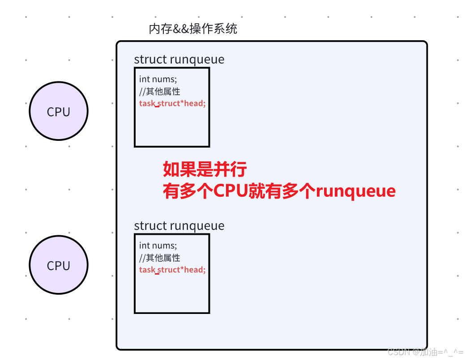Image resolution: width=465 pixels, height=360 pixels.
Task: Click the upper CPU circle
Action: click(x=59, y=111)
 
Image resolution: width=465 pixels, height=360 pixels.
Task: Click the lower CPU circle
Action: click(x=59, y=265)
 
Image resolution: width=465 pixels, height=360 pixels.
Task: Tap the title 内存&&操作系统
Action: click(x=192, y=30)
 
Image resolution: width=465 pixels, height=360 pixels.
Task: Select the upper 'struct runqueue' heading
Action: click(x=179, y=59)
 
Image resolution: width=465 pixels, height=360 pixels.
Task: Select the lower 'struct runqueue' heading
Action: click(x=179, y=226)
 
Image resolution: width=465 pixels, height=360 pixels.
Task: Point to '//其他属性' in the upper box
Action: click(x=160, y=92)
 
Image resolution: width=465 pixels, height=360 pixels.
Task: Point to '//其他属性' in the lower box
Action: click(x=160, y=258)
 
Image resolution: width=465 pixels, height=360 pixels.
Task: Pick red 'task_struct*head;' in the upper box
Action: click(x=172, y=104)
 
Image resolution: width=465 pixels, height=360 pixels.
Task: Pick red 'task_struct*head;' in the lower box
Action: click(x=172, y=270)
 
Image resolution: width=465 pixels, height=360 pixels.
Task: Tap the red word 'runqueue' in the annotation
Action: click(x=356, y=191)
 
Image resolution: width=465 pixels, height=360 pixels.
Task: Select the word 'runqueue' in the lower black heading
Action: click(x=197, y=226)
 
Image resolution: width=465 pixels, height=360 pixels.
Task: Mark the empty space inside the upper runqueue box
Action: click(x=172, y=127)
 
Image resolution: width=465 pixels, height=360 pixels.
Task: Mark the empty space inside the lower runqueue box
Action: click(x=172, y=293)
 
